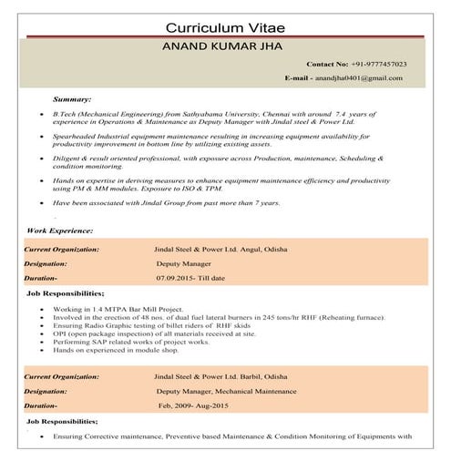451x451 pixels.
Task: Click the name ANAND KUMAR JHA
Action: click(224, 45)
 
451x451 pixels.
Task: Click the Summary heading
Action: click(72, 97)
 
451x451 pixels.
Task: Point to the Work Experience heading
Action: click(59, 231)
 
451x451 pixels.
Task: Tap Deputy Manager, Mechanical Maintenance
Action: click(222, 389)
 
